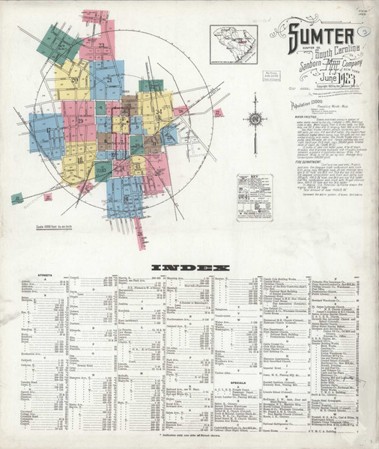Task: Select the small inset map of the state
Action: click(233, 42)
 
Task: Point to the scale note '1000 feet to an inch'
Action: click(53, 225)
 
